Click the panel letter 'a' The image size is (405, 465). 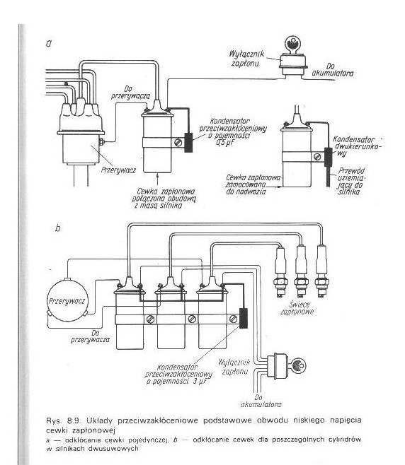(49, 44)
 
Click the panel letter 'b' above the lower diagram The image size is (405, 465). (58, 228)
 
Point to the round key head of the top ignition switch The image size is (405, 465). (292, 44)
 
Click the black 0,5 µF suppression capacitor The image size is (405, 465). (188, 143)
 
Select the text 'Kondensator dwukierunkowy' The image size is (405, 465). (357, 146)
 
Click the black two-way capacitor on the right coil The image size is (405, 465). (329, 157)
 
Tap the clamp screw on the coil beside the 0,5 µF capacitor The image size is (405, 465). (178, 143)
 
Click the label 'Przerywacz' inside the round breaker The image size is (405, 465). (67, 301)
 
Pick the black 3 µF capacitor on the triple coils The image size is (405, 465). (244, 318)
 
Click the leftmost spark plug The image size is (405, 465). (280, 271)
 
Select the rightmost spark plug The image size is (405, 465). (321, 271)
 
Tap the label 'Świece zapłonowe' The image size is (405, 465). (297, 308)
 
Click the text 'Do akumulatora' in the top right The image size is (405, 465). (333, 70)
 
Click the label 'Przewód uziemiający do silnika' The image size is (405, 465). (351, 181)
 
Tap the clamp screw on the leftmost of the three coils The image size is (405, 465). (150, 319)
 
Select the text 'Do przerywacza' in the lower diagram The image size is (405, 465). (90, 336)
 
